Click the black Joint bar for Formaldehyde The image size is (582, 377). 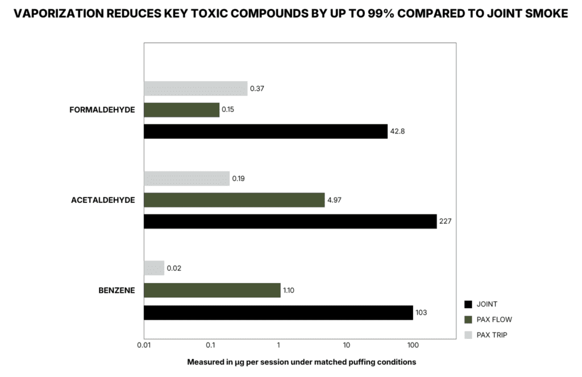[266, 131]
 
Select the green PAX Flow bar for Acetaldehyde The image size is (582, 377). [234, 200]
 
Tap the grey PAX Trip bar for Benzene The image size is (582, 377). [154, 268]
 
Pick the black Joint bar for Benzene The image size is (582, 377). [278, 313]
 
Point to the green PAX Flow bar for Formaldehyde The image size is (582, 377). [181, 110]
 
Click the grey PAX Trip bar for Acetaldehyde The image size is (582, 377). [186, 179]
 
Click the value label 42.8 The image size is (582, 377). [397, 131]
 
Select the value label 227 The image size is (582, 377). [446, 221]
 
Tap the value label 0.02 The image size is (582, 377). [174, 268]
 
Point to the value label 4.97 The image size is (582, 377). [334, 200]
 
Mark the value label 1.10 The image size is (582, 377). [289, 291]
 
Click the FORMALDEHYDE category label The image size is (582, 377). [102, 110]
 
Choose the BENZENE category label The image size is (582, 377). [117, 291]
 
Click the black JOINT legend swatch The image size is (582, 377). [468, 304]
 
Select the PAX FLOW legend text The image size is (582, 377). [494, 320]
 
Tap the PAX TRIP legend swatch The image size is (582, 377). [468, 335]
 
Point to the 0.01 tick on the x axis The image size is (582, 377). [144, 345]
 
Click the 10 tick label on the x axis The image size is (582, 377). [346, 345]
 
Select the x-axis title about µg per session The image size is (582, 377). [301, 362]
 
